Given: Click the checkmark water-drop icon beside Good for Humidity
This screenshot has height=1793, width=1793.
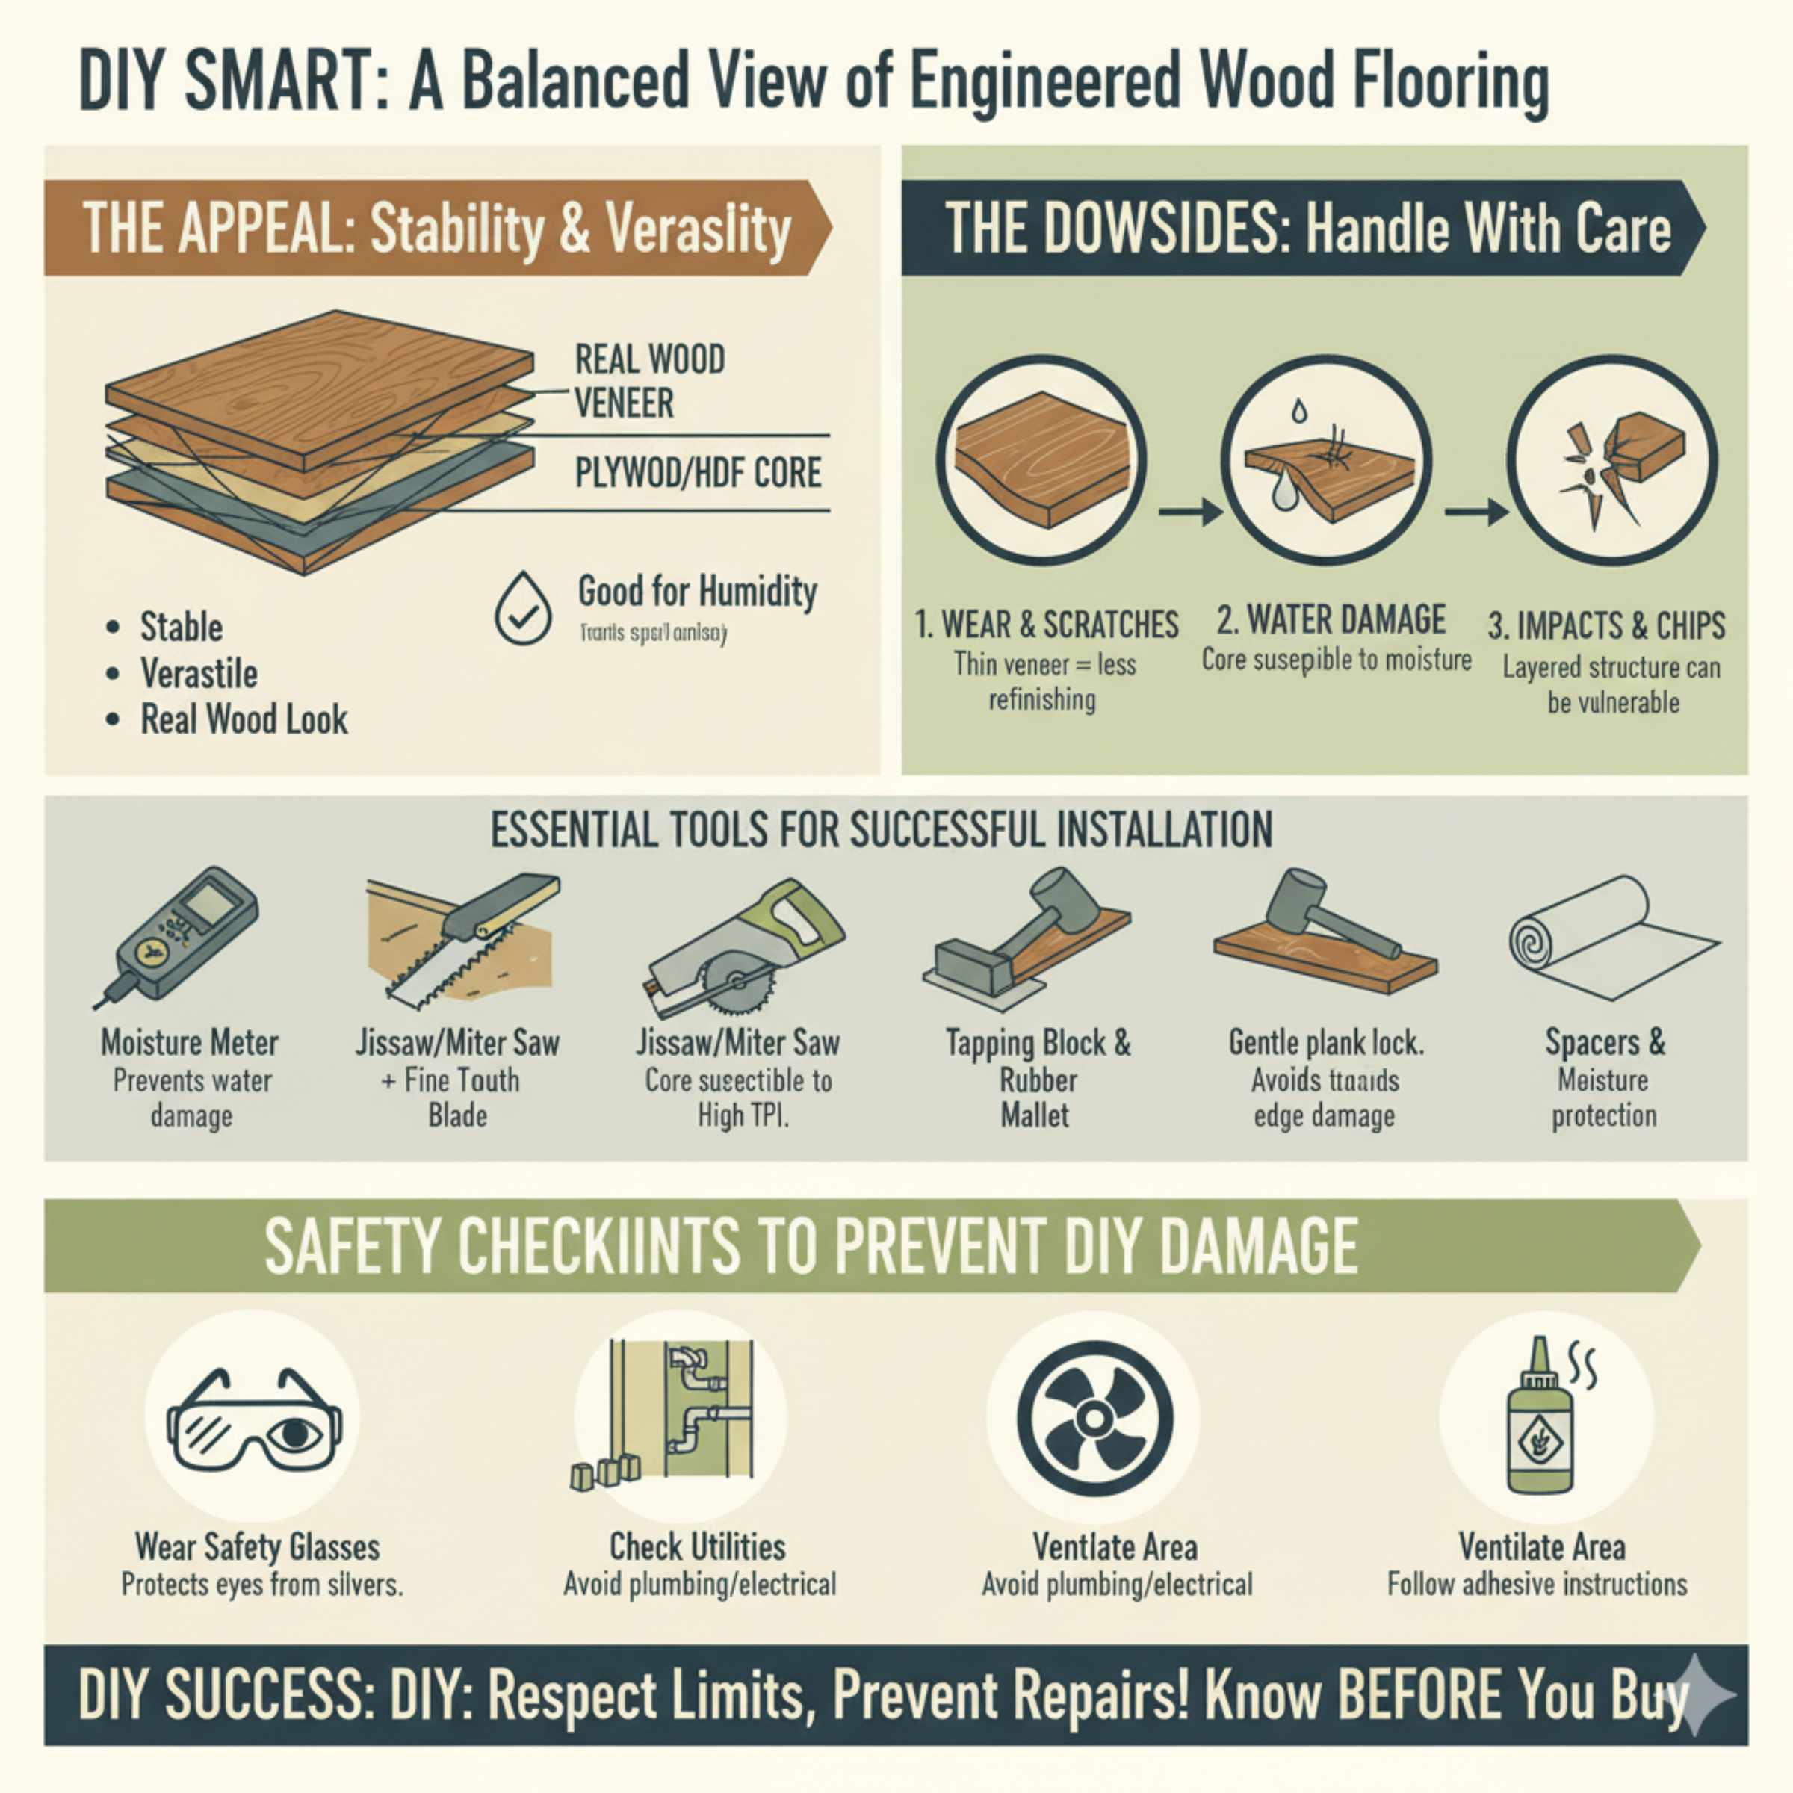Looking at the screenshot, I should [522, 609].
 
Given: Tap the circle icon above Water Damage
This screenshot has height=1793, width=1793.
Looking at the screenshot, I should [1325, 460].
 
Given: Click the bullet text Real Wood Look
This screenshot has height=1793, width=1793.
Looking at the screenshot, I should [243, 720].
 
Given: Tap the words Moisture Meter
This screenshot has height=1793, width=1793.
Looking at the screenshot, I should [189, 1042].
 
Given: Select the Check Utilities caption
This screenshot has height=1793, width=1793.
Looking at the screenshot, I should [697, 1547].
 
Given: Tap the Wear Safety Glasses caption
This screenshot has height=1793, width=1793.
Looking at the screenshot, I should [257, 1547].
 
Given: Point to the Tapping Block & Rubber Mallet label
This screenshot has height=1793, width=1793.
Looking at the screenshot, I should [1038, 1078].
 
